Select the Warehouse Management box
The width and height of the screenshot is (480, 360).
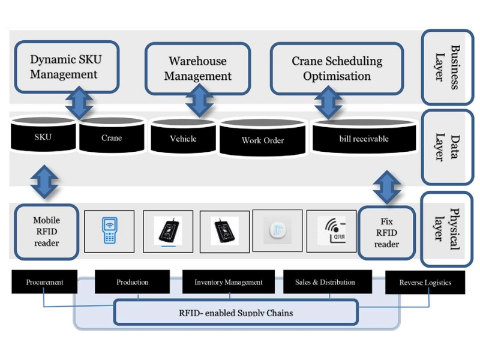tap(197, 68)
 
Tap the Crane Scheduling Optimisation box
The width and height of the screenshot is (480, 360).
tap(337, 68)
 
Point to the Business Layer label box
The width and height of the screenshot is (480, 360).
tap(447, 67)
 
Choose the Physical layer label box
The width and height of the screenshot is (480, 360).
tap(447, 229)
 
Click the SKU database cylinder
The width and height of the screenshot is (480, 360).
tap(43, 137)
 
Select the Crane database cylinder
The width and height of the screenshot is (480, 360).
tap(112, 138)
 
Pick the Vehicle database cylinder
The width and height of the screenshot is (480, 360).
tap(183, 138)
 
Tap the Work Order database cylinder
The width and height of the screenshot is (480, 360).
tap(263, 140)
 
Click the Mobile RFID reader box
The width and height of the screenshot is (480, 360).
tap(46, 232)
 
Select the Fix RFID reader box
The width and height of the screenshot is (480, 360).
tap(386, 233)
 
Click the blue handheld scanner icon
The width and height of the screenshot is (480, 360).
tap(109, 230)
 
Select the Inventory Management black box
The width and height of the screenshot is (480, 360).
tap(229, 282)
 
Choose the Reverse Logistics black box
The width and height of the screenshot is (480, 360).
tap(425, 282)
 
